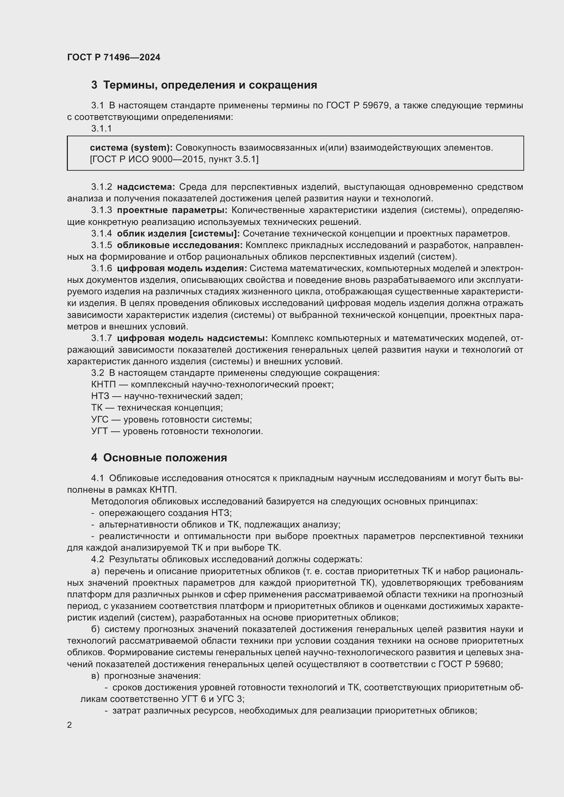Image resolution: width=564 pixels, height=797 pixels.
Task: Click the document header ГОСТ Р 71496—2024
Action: point(114,57)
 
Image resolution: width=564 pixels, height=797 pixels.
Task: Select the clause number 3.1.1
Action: point(101,128)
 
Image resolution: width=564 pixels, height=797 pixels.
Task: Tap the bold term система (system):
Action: point(131,148)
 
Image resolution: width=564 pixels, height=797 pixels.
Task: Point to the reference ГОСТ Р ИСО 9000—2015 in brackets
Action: point(146,159)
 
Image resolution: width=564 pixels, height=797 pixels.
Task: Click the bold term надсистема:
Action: point(146,187)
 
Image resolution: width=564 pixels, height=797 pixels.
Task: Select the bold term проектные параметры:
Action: point(172,210)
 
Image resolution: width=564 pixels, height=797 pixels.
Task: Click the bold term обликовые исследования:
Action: point(180,245)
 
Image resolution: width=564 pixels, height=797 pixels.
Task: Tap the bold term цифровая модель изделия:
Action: point(182,268)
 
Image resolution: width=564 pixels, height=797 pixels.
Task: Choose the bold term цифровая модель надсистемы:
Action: point(192,338)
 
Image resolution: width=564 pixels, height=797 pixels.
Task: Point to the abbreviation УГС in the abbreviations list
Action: point(100,419)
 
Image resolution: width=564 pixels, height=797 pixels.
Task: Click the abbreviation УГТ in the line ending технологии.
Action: point(99,431)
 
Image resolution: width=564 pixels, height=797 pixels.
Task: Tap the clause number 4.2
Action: point(98,559)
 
